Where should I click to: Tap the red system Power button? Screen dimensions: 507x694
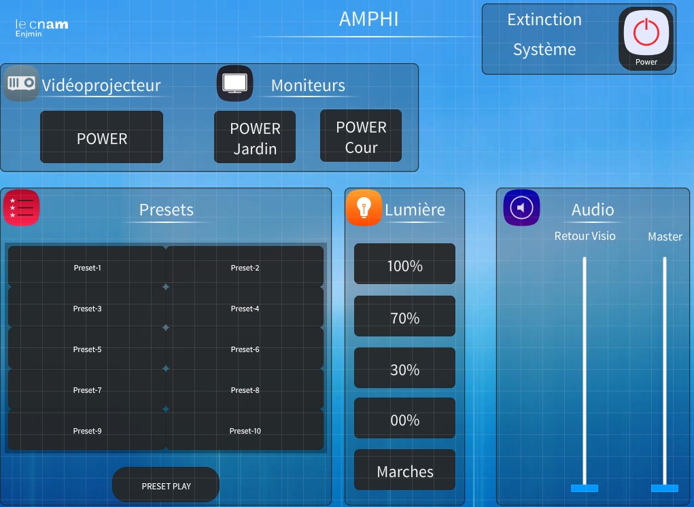point(646,37)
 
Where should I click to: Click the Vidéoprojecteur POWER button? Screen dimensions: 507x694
point(102,138)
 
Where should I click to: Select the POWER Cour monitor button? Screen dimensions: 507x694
point(361,137)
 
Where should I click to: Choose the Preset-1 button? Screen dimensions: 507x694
point(87,268)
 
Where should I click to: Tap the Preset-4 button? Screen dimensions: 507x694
point(245,309)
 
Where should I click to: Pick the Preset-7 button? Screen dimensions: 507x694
point(87,390)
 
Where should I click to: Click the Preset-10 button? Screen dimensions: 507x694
point(245,431)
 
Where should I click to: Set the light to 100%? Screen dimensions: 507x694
point(404,265)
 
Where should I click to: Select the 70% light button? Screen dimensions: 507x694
point(404,317)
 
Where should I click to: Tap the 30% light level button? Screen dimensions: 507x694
point(404,369)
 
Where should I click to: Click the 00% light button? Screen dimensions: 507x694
point(404,420)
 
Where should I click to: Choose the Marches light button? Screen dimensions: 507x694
point(404,471)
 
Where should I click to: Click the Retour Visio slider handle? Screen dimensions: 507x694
point(585,488)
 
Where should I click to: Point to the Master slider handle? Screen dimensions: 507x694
point(664,488)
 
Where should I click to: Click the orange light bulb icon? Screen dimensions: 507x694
point(364,208)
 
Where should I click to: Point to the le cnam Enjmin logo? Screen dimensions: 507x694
point(41,27)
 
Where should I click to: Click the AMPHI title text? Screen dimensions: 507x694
point(368,20)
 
